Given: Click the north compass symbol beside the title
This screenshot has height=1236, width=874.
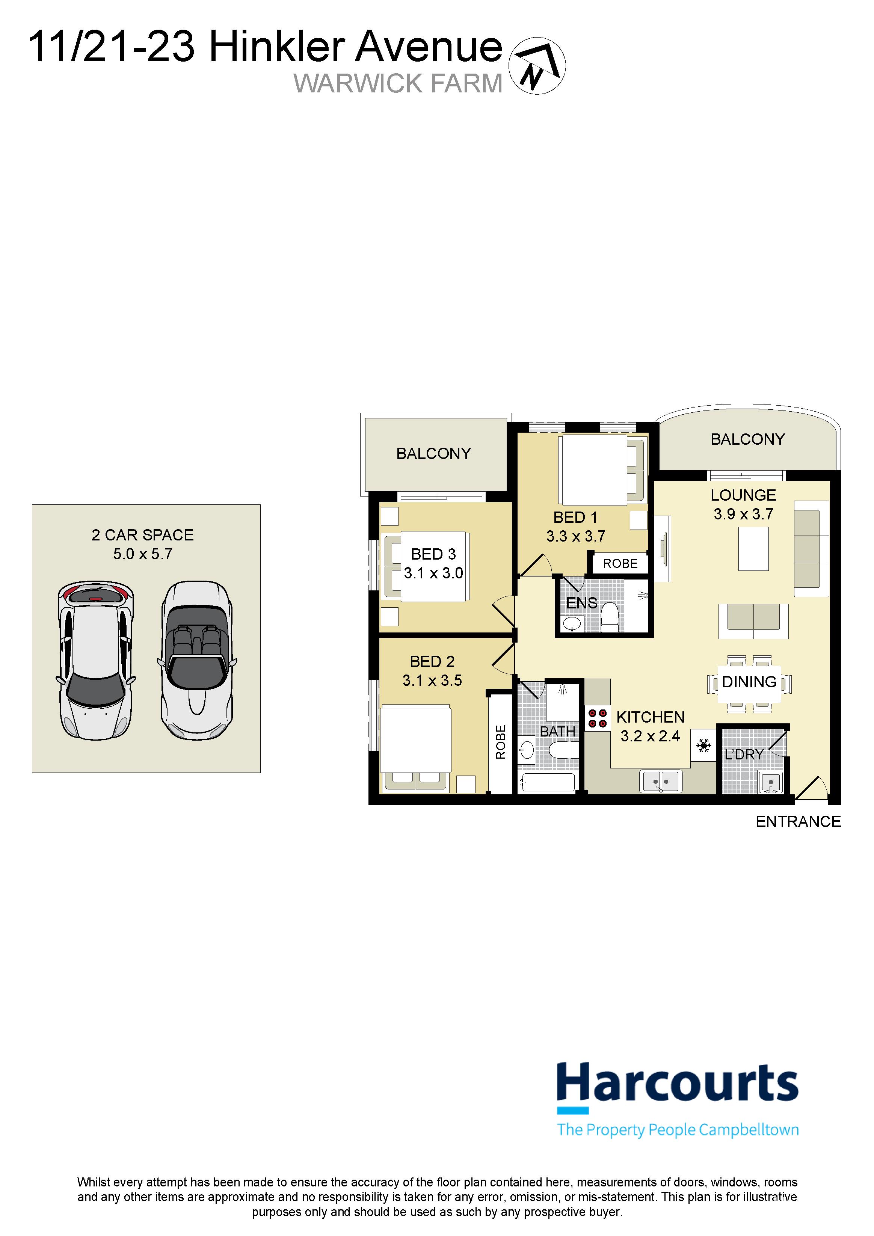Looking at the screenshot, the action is (x=537, y=66).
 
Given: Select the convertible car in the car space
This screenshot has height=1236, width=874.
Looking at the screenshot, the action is (x=197, y=660).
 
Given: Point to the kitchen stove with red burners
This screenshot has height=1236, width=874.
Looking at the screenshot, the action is (x=597, y=718).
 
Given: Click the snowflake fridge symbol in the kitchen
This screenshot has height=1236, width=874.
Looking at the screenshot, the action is (x=703, y=746).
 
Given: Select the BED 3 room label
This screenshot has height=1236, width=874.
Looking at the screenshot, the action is (x=433, y=554).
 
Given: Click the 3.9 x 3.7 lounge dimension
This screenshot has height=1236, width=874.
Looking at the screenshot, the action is (x=743, y=514).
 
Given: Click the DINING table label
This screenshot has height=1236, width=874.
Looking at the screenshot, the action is (x=749, y=682).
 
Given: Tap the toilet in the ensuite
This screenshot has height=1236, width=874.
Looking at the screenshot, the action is (x=610, y=617).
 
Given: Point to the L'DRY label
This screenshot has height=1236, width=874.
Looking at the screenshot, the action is (x=744, y=755).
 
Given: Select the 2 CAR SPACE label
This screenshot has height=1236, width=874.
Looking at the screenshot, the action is (x=143, y=535).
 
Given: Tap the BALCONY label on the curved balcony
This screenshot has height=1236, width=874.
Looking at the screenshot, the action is (x=747, y=439).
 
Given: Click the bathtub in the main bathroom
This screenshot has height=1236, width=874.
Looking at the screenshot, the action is (x=548, y=783).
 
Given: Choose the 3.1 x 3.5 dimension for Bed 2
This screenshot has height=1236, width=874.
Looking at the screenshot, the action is (x=432, y=681).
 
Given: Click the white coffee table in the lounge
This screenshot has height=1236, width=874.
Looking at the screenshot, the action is (x=753, y=549).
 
